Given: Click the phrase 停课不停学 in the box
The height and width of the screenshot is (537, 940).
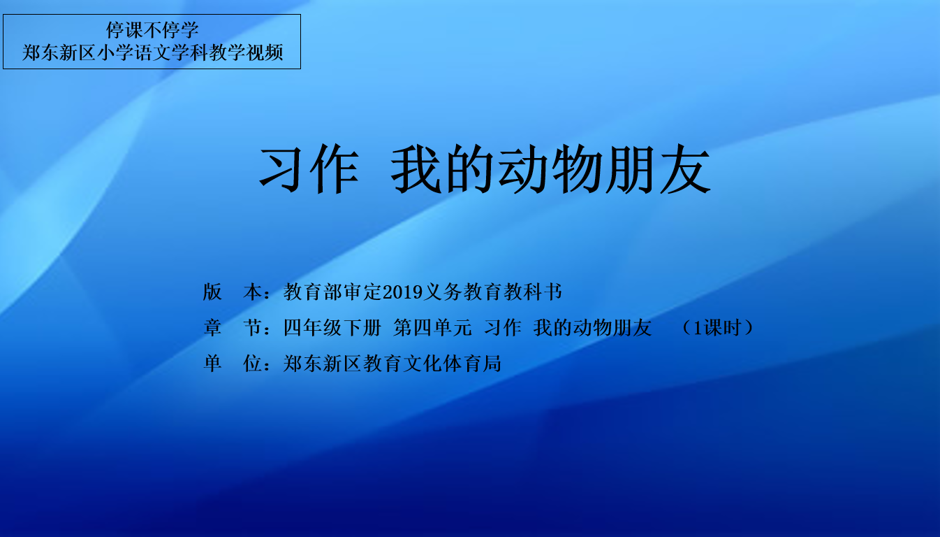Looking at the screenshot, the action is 152,30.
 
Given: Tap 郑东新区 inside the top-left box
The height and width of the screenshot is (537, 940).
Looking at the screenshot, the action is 59,53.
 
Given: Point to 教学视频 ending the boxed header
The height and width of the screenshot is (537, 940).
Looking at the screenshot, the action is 247,53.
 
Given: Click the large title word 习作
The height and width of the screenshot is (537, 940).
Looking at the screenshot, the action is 309,169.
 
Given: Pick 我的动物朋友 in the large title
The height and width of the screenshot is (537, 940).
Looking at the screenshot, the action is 550,169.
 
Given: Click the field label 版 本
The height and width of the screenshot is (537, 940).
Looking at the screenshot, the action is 233,292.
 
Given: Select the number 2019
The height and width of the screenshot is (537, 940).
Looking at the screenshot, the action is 402,292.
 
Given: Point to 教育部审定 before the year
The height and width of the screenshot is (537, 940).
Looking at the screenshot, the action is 332,292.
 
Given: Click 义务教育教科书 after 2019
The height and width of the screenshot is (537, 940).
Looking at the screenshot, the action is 492,292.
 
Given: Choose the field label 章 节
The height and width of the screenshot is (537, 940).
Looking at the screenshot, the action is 233,328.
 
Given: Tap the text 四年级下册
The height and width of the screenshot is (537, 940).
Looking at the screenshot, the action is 332,328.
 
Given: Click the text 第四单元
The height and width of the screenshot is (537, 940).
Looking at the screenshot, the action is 433,328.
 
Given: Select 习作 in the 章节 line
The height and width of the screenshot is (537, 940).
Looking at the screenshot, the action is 503,328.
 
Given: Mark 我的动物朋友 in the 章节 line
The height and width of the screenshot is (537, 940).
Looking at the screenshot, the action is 592,328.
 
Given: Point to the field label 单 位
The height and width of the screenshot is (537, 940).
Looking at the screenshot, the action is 233,364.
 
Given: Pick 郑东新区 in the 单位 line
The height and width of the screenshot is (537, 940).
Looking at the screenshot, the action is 322,364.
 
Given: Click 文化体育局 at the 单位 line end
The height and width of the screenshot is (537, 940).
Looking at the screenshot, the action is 452,364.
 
